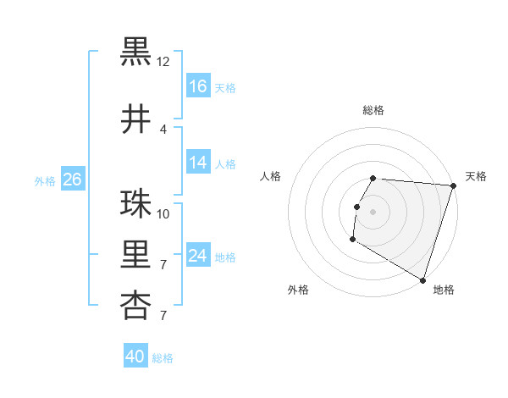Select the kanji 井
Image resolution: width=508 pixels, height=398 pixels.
135,119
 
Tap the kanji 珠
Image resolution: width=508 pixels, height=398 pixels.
135,204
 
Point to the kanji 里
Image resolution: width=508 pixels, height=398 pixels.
135,255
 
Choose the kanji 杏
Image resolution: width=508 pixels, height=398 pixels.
135,306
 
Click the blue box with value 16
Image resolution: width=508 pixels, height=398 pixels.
198,86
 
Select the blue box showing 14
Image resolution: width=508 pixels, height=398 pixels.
198,163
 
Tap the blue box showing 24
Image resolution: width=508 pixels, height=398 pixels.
198,256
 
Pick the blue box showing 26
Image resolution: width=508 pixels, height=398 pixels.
72,180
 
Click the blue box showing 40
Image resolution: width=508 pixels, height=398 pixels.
135,357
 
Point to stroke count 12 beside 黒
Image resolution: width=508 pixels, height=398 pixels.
163,61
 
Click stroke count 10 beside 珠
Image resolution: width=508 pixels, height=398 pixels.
163,213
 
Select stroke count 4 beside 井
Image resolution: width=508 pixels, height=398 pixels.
163,129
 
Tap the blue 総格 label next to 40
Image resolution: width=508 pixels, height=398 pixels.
163,358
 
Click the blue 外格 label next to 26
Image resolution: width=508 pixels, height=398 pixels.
45,180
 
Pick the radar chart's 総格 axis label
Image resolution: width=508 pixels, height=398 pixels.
373,110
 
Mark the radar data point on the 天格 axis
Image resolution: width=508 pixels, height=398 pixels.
453,185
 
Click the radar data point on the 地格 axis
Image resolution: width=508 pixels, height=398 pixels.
421,279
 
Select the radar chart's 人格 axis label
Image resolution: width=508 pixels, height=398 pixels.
271,176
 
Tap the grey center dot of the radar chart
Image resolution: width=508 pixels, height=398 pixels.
373,212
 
